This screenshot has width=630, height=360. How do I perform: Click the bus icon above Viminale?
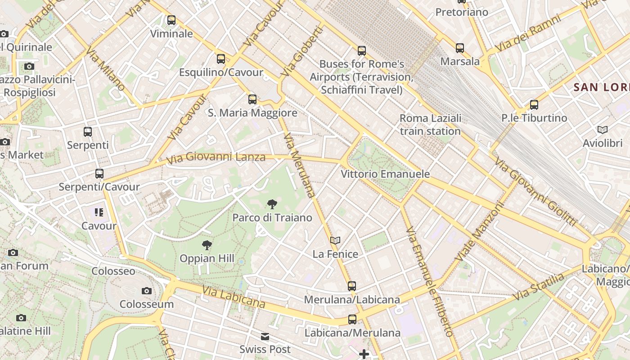point(171,20)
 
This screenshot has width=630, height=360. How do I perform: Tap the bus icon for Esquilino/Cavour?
point(220,58)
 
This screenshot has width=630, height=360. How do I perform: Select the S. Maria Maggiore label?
point(252,113)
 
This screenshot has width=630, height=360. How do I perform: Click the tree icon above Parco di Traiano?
point(272,205)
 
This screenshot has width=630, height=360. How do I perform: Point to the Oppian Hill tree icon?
point(207,245)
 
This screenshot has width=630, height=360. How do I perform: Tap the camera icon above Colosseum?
point(146,291)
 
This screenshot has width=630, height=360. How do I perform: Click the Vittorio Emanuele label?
point(385,174)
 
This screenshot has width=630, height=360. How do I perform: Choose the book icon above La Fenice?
point(335,241)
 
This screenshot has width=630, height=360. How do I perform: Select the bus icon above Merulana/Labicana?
point(352,286)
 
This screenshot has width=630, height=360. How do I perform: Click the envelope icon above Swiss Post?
point(265,337)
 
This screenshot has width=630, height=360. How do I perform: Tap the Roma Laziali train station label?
point(430,125)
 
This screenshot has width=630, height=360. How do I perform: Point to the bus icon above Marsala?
point(459,48)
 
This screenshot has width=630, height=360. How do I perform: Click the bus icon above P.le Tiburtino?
point(534,105)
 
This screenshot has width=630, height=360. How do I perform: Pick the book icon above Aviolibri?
point(603,130)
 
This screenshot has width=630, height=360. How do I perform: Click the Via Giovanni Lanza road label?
point(216,158)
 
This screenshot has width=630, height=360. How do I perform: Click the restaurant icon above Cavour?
point(99,212)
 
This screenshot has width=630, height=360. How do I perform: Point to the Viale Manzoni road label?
point(480,231)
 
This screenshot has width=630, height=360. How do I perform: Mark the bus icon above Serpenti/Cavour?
point(99,174)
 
